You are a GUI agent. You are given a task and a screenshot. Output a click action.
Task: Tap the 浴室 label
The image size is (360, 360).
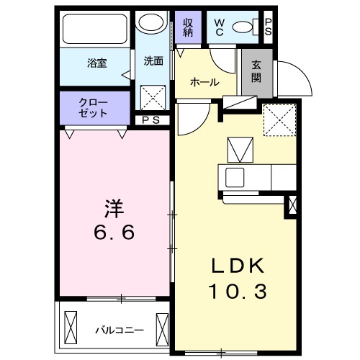pyautogui.click(x=98, y=63)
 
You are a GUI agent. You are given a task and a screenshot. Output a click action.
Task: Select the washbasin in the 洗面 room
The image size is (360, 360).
pyautogui.click(x=152, y=22)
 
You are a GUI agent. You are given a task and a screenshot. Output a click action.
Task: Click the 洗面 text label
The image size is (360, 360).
pyautogui.click(x=153, y=61)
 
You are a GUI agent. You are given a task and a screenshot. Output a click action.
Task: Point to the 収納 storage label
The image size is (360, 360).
pyautogui.click(x=188, y=27)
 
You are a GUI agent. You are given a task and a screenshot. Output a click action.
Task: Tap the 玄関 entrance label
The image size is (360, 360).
pyautogui.click(x=258, y=71)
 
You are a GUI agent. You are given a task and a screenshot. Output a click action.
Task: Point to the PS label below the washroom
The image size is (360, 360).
pyautogui.click(x=152, y=120)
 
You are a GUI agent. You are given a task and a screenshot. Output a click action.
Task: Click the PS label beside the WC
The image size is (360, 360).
pyautogui.click(x=268, y=27)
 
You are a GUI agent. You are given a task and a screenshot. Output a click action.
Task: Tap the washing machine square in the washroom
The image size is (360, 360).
pyautogui.click(x=153, y=97)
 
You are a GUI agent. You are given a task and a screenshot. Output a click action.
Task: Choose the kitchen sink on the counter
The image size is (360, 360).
pyautogui.click(x=235, y=176)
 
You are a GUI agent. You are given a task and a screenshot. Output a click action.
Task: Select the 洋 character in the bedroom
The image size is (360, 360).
pyautogui.click(x=114, y=210)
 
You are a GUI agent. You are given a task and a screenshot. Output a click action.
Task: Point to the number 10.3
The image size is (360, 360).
pyautogui.click(x=238, y=292)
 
